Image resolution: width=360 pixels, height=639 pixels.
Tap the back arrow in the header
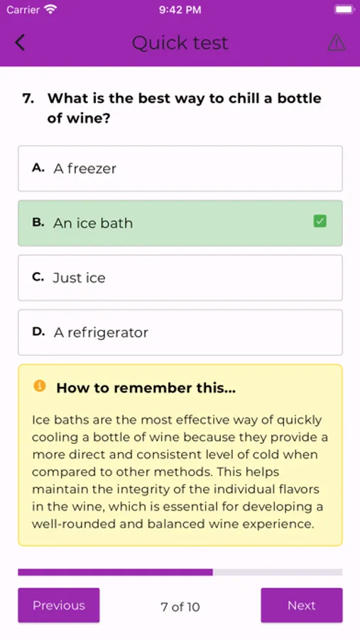[20, 43]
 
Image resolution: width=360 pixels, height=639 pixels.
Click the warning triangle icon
[337, 43]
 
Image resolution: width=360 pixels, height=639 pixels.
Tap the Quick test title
[180, 43]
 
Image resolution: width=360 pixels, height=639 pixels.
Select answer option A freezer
[180, 168]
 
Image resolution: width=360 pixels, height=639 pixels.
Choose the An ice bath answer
[180, 223]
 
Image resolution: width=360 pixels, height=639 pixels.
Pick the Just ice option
[180, 278]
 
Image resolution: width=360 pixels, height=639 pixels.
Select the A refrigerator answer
[180, 332]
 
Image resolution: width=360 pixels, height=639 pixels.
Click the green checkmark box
[320, 222]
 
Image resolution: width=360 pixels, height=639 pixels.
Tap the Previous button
[59, 605]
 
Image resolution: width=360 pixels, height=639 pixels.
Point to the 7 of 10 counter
[180, 607]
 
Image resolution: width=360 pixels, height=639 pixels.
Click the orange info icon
[40, 386]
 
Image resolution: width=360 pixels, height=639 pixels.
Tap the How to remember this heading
[146, 388]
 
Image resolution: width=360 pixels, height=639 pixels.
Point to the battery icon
[344, 9]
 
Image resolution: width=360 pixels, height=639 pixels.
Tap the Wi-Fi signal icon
[50, 9]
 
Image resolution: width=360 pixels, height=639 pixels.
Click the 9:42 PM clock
[180, 10]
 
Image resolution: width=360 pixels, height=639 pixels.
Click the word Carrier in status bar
[23, 10]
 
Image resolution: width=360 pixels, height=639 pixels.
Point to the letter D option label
[38, 332]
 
